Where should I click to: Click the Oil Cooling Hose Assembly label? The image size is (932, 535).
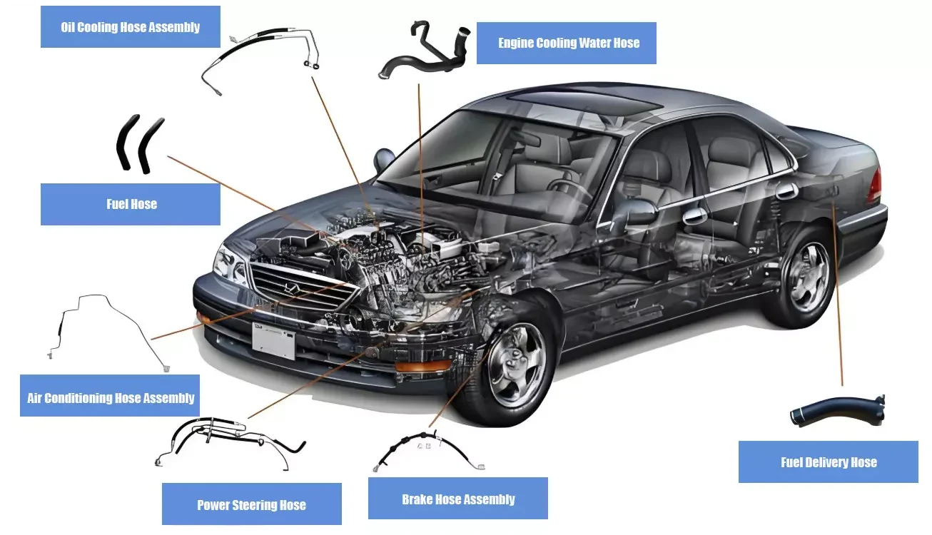(130, 27)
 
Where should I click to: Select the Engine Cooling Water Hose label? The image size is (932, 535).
(567, 43)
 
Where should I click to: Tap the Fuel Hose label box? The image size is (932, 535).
(131, 204)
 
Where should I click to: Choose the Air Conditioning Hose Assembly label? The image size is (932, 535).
(110, 397)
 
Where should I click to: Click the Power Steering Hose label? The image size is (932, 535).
(251, 505)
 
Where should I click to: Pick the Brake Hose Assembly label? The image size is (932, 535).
(457, 499)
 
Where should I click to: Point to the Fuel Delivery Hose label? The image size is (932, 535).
(828, 462)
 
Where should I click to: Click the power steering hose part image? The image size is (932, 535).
(228, 439)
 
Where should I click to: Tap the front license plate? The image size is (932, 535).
(273, 341)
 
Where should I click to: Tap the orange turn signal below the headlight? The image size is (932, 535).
(423, 367)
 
